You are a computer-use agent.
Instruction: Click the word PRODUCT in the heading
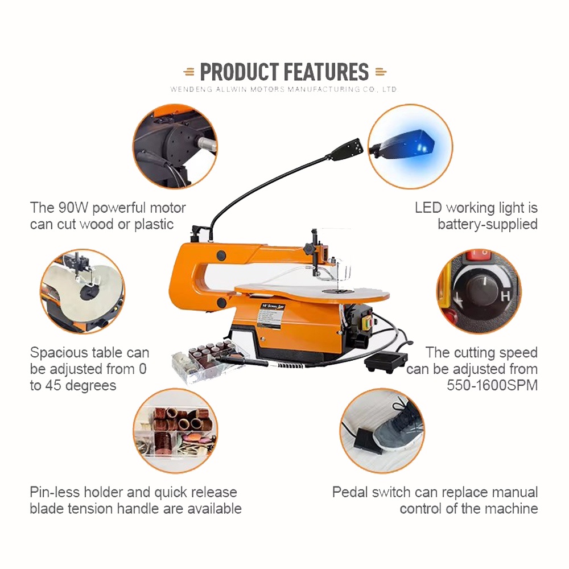[240, 72]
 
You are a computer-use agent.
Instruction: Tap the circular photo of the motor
[175, 146]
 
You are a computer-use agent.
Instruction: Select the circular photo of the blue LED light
[410, 146]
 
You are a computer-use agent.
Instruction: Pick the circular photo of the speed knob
[479, 291]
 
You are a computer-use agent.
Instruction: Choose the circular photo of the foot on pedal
[382, 431]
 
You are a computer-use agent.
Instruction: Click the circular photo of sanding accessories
[175, 431]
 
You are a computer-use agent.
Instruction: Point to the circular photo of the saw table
[83, 291]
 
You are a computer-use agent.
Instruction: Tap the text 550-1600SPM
[492, 385]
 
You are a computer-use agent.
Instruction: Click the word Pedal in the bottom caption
[350, 492]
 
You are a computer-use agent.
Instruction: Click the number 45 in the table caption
[53, 385]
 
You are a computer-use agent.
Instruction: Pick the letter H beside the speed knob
[505, 296]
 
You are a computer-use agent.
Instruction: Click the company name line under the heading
[283, 89]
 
